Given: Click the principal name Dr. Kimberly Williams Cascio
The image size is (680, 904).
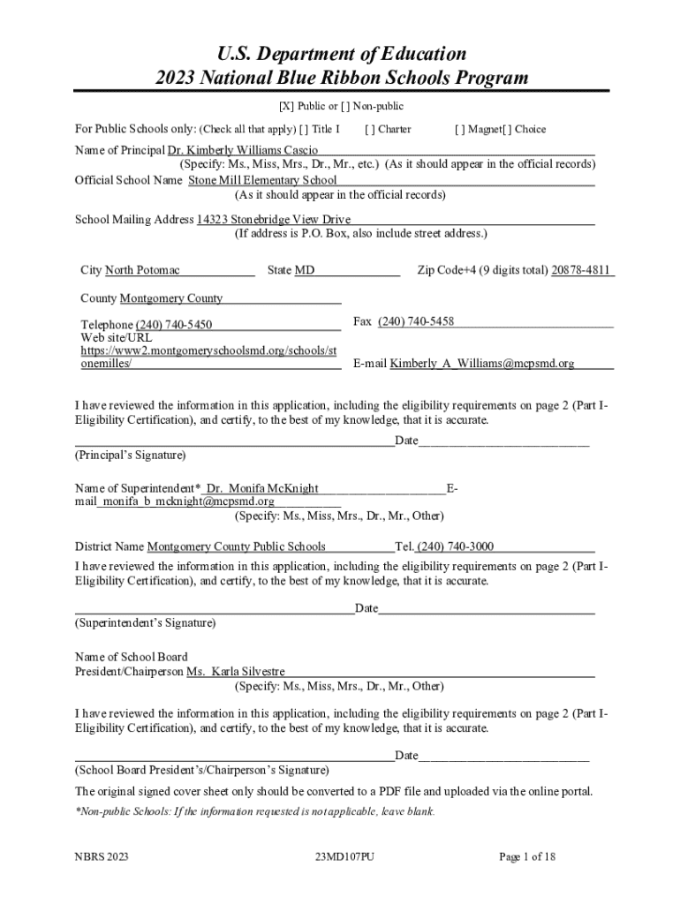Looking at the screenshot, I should tap(238, 150).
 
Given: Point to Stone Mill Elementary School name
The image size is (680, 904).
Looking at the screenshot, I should tap(262, 180).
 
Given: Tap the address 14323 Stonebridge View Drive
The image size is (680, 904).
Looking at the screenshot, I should tap(274, 220).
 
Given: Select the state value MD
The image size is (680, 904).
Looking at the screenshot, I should tap(305, 270).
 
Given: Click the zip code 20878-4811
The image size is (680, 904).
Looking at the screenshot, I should tap(582, 270).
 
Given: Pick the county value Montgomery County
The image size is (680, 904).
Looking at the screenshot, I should tap(171, 298).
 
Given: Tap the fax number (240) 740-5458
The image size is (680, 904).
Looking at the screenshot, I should tap(416, 321).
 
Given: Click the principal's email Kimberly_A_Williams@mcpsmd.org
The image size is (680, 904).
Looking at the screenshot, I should tap(482, 363).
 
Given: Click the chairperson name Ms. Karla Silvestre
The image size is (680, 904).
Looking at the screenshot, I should tap(235, 672).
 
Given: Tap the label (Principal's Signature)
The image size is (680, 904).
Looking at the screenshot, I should tap(131, 456).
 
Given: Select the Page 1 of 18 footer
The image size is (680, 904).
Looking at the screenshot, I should tap(527, 856).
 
